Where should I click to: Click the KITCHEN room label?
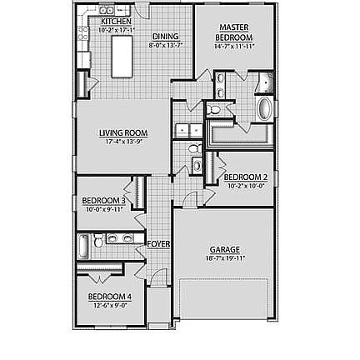[x=116, y=22]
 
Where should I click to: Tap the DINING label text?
[x=165, y=37]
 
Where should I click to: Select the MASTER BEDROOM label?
[x=233, y=32]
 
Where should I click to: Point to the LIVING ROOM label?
[x=123, y=132]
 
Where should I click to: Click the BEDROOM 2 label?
[x=246, y=177]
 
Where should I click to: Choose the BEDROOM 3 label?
[x=104, y=201]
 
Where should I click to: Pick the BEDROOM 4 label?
[x=109, y=296]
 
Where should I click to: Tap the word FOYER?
[x=158, y=244]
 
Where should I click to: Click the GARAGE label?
[x=225, y=249]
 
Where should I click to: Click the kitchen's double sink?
[x=106, y=10]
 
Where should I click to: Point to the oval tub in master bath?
[x=264, y=110]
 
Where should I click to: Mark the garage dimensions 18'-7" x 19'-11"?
[x=225, y=257]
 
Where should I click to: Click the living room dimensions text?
[x=123, y=140]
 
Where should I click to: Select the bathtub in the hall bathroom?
[x=83, y=247]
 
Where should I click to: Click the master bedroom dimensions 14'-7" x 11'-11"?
[x=233, y=46]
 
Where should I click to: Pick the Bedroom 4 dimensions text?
[x=109, y=304]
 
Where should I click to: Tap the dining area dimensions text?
[x=165, y=44]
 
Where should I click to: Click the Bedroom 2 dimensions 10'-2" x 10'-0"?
[x=246, y=185]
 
